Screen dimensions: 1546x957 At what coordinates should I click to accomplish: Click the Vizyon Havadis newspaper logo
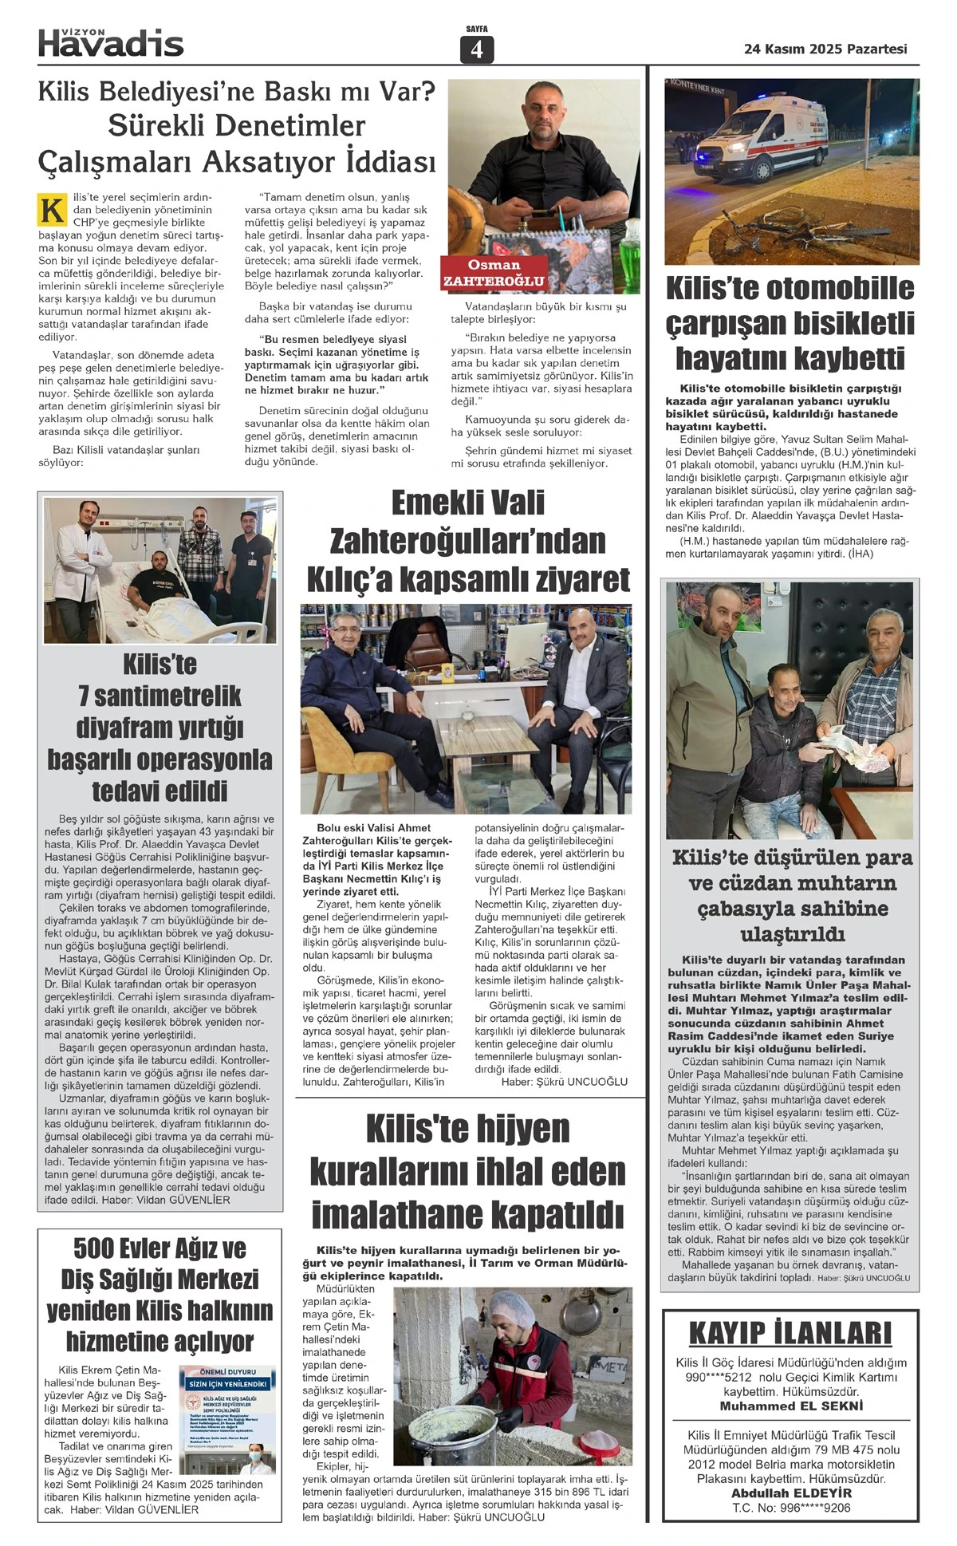pos(111,42)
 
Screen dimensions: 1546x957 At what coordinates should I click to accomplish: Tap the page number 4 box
pos(477,49)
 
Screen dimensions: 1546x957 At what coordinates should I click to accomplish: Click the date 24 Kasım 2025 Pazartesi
pos(825,49)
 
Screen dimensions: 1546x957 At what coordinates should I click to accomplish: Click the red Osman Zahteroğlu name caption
pos(494,273)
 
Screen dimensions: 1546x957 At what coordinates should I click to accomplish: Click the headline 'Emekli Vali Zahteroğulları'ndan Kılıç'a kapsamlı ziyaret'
pos(468,541)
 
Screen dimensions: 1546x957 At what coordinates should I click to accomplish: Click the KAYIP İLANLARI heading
pos(790,1333)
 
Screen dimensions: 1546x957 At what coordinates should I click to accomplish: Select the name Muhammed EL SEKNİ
pos(790,1406)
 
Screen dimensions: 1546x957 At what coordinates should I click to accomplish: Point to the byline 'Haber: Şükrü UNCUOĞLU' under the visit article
pos(564,1082)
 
